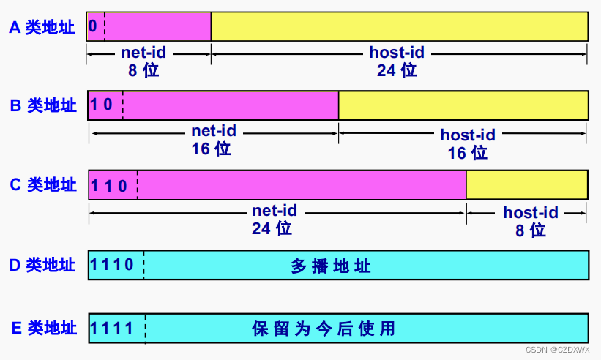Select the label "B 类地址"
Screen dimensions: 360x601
[43, 105]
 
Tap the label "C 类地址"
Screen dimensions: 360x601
[43, 184]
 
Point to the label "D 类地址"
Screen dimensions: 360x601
[42, 265]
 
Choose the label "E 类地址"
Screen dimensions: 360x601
[42, 328]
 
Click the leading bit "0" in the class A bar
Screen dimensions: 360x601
[92, 26]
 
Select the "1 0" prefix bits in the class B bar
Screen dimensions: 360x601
[102, 105]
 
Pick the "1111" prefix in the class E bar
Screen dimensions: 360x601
[113, 327]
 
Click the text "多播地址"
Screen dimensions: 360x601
[331, 266]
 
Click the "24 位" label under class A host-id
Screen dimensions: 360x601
[397, 70]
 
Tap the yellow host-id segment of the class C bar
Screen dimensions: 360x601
[526, 184]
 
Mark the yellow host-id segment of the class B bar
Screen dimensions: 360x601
[463, 105]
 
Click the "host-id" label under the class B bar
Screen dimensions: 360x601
[468, 135]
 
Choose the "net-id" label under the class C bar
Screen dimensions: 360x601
[275, 211]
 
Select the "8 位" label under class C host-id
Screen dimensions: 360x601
[531, 230]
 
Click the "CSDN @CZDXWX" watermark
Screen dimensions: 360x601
[558, 350]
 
